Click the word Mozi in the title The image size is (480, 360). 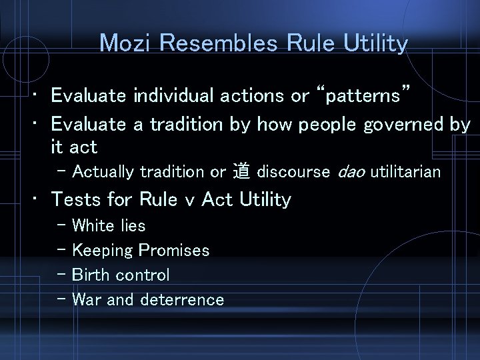coord(125,43)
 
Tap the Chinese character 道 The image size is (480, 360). coord(241,172)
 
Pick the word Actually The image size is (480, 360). coord(104,172)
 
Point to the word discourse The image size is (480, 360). coord(293,172)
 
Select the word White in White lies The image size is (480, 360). coord(94,225)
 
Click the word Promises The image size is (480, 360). coord(173,251)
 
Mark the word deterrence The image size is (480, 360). coord(182,299)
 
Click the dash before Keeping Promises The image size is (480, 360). coord(62,250)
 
